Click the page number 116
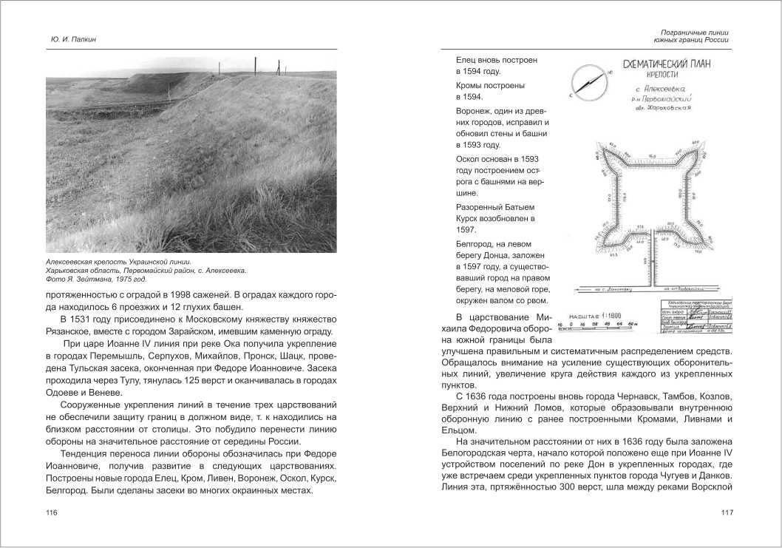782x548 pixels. coord(52,513)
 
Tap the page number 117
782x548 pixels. coord(727,513)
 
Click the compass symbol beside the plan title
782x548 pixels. coord(588,81)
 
